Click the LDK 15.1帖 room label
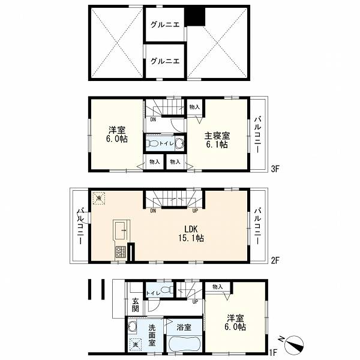(x=191, y=233)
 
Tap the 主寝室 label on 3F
(x=217, y=136)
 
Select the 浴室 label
(x=184, y=327)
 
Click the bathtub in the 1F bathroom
(x=184, y=343)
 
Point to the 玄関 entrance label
(x=136, y=305)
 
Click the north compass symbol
(x=294, y=344)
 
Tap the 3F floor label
(x=275, y=169)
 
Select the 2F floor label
(x=275, y=260)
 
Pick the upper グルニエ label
(x=165, y=25)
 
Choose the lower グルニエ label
(x=165, y=61)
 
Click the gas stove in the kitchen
(x=121, y=251)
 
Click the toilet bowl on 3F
(x=153, y=144)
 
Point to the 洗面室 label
(x=152, y=335)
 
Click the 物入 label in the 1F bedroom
(x=217, y=287)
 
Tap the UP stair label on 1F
(x=195, y=302)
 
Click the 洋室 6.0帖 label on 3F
(x=117, y=134)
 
